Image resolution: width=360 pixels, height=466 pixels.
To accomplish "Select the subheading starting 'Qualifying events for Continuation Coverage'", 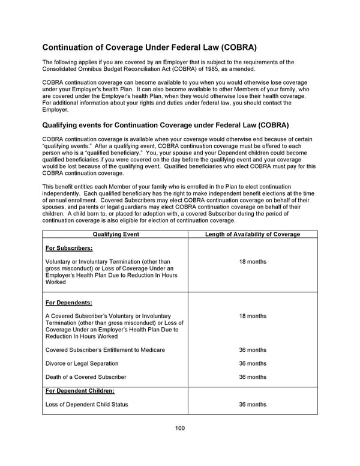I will point(165,126).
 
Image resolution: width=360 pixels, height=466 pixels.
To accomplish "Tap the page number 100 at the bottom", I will point(180,428).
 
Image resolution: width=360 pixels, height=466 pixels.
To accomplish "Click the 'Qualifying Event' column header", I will point(115,234).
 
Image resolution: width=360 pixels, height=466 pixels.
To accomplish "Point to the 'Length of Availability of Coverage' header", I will point(253,234).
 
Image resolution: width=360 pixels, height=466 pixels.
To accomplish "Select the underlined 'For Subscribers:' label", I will point(69,248).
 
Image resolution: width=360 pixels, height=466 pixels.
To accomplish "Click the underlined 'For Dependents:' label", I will point(69,302).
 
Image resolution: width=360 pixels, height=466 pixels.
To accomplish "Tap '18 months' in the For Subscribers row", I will point(253,262).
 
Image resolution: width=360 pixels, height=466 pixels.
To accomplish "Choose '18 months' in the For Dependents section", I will point(253,316).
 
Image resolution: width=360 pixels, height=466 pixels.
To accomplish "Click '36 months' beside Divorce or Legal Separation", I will point(253,363).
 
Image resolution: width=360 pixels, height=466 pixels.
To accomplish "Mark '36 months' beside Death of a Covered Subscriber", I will point(253,377).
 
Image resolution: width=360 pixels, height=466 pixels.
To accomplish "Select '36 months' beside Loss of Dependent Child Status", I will point(253,404).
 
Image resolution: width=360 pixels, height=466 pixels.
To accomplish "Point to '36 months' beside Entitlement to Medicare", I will point(253,349).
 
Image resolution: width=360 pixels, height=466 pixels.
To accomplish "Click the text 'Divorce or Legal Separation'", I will point(82,363).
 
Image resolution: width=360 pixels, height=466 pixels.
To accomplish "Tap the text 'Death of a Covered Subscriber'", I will point(86,377).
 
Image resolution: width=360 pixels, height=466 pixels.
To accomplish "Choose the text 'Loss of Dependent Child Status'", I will point(87,404).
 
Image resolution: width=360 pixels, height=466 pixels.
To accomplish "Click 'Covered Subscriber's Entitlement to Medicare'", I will point(105,349).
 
